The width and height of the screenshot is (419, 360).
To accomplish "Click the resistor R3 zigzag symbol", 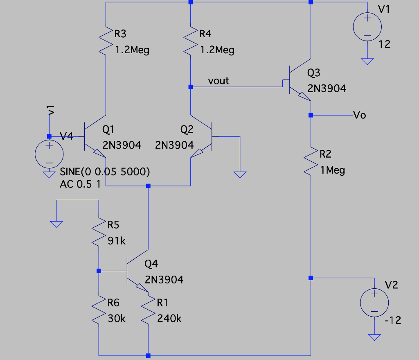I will (106, 41).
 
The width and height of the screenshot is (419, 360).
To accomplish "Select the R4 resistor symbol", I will (191, 41).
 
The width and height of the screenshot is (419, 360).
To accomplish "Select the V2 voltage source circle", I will (374, 303).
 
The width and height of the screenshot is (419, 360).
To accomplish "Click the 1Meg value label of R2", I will (332, 170).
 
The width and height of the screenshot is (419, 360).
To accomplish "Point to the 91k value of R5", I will (117, 241).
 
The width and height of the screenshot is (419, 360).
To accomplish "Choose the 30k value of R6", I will (117, 318).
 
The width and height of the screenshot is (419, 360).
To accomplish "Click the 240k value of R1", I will (169, 318).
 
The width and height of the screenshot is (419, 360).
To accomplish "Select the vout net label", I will (219, 81).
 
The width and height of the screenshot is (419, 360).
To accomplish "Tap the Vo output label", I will (359, 115).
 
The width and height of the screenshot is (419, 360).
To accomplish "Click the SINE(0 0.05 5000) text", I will (105, 172).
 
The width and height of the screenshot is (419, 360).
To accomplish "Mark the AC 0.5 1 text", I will (80, 184).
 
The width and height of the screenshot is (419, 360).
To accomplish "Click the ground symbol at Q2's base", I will (240, 174).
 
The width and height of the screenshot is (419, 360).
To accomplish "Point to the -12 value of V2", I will (393, 320).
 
